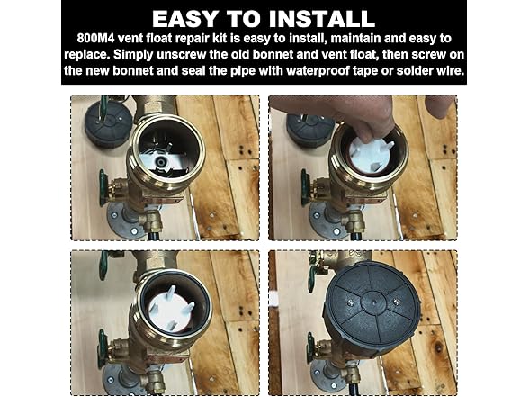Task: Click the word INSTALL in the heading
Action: tap(318, 18)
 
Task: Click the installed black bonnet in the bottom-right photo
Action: tap(373, 310)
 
